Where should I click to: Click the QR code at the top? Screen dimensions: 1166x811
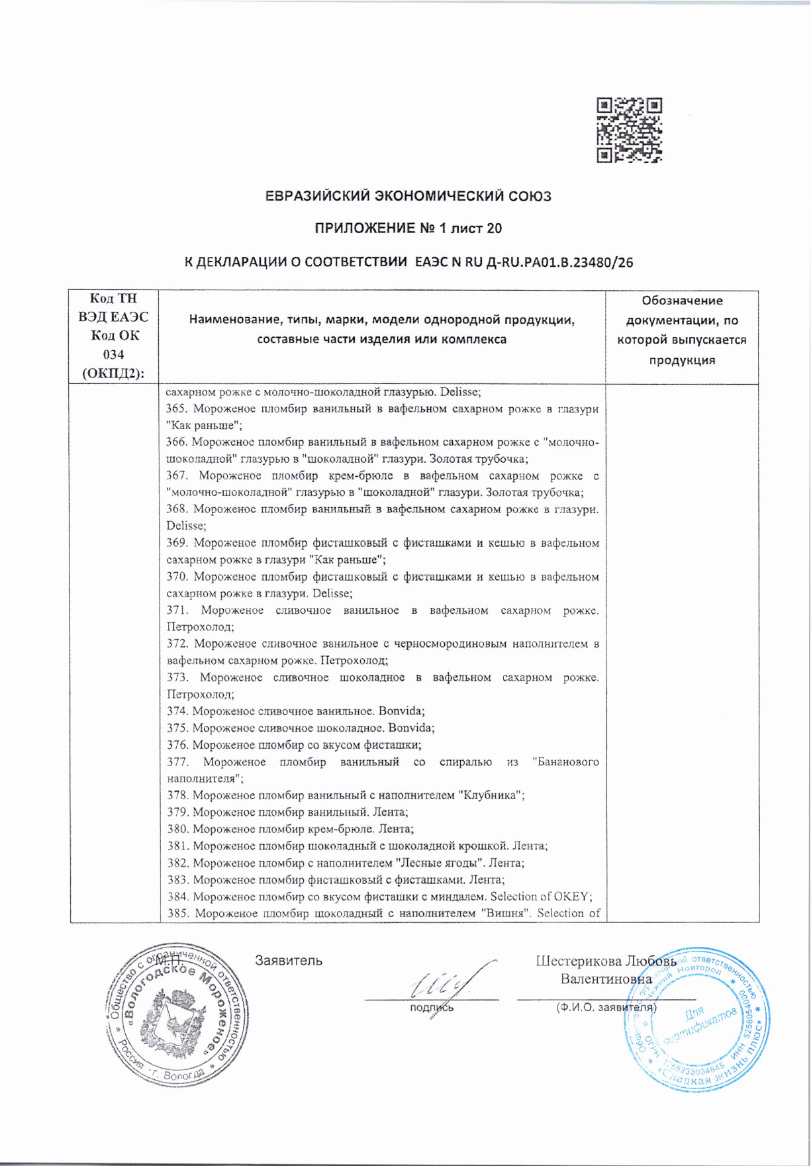pyautogui.click(x=629, y=130)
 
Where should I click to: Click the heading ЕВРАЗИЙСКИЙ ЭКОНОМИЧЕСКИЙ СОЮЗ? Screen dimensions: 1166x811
pyautogui.click(x=408, y=197)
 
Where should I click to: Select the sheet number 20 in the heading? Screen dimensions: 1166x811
pyautogui.click(x=494, y=229)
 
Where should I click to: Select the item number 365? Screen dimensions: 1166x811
pyautogui.click(x=176, y=409)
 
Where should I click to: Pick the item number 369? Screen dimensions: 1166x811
pyautogui.click(x=177, y=543)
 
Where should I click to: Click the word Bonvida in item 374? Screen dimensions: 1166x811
pyautogui.click(x=400, y=711)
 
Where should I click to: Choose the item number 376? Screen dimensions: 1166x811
pyautogui.click(x=176, y=745)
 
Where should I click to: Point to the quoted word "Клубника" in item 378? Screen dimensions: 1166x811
pyautogui.click(x=489, y=795)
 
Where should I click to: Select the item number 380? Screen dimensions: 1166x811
pyautogui.click(x=176, y=829)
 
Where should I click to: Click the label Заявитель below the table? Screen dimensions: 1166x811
pyautogui.click(x=289, y=961)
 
